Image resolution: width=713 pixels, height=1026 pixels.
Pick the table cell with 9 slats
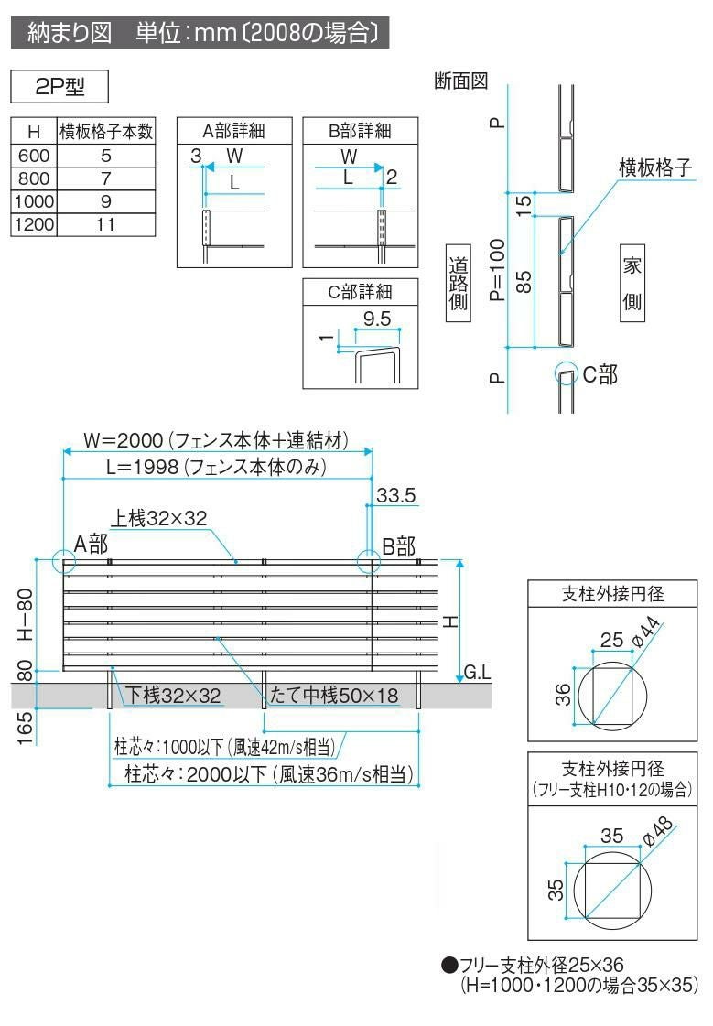click(105, 201)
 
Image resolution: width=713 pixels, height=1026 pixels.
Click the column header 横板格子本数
click(105, 132)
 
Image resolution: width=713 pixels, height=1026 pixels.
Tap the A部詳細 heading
click(233, 131)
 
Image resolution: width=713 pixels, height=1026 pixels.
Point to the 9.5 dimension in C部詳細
click(376, 319)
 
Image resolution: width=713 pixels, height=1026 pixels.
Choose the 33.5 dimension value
click(396, 495)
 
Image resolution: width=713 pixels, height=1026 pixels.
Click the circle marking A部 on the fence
click(64, 560)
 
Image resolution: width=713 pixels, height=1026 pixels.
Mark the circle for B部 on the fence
click(369, 560)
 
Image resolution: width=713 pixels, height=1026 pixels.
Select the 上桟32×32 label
click(159, 517)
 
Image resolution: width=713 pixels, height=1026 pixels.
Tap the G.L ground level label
click(478, 673)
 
